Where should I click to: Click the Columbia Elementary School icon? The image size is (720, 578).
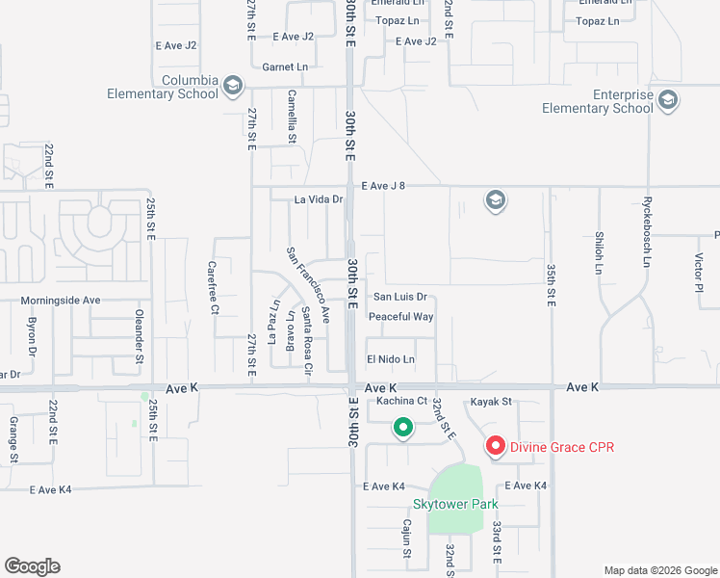pyautogui.click(x=232, y=87)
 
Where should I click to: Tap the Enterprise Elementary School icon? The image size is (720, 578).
pyautogui.click(x=667, y=98)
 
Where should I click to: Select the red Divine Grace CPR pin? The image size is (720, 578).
pyautogui.click(x=496, y=446)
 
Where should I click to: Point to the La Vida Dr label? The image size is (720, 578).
pyautogui.click(x=319, y=199)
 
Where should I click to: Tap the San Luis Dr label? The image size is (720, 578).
pyautogui.click(x=399, y=298)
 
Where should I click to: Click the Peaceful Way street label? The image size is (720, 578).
pyautogui.click(x=401, y=317)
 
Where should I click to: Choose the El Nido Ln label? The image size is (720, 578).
pyautogui.click(x=390, y=359)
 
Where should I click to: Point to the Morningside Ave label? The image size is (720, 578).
pyautogui.click(x=61, y=301)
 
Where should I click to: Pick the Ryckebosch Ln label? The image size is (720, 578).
pyautogui.click(x=647, y=233)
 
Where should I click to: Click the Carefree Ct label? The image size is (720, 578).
pyautogui.click(x=214, y=288)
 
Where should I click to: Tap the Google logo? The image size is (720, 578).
pyautogui.click(x=32, y=566)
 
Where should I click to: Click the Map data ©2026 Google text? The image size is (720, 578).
pyautogui.click(x=660, y=570)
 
